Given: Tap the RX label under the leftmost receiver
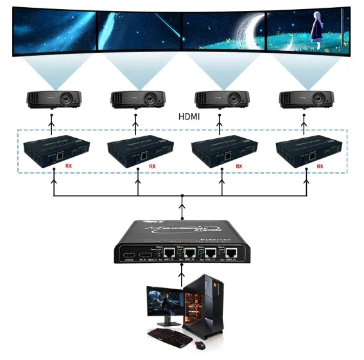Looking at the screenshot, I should [x=69, y=166].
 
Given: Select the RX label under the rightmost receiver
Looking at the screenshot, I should [x=321, y=166].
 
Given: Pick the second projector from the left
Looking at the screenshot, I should [x=137, y=99].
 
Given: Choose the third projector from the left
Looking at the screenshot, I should [x=221, y=99].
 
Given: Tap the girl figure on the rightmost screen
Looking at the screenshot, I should [x=316, y=29].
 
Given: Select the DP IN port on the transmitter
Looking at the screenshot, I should [x=145, y=255].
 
